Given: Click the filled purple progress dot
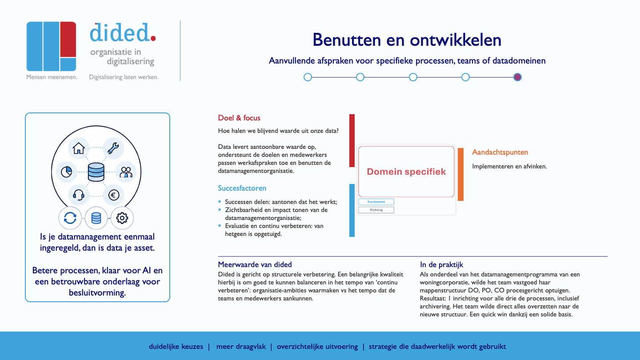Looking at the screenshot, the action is click(517, 77).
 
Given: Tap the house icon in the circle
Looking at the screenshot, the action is click(79, 148).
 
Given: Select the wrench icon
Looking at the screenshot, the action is click(113, 148).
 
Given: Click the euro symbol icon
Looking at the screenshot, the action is click(114, 195).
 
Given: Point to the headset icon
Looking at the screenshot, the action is click(79, 196).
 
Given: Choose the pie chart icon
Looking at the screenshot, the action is click(67, 172).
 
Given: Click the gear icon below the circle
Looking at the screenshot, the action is click(122, 218).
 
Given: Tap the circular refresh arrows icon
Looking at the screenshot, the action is click(70, 218).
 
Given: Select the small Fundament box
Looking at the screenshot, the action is click(376, 202).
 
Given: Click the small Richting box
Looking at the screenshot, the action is click(376, 210).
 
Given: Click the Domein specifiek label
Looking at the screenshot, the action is click(406, 172).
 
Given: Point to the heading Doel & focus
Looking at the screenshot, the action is click(239, 118).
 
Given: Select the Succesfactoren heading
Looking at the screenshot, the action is click(242, 188).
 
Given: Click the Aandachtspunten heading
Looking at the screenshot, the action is click(500, 152).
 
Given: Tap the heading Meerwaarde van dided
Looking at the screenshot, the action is click(255, 264).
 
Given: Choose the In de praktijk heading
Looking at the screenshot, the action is click(441, 264).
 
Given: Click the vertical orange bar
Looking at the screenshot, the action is click(460, 174).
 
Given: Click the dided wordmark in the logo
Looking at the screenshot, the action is click(123, 32).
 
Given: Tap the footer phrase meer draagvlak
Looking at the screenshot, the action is click(241, 347).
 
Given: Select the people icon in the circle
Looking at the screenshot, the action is click(126, 172).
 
